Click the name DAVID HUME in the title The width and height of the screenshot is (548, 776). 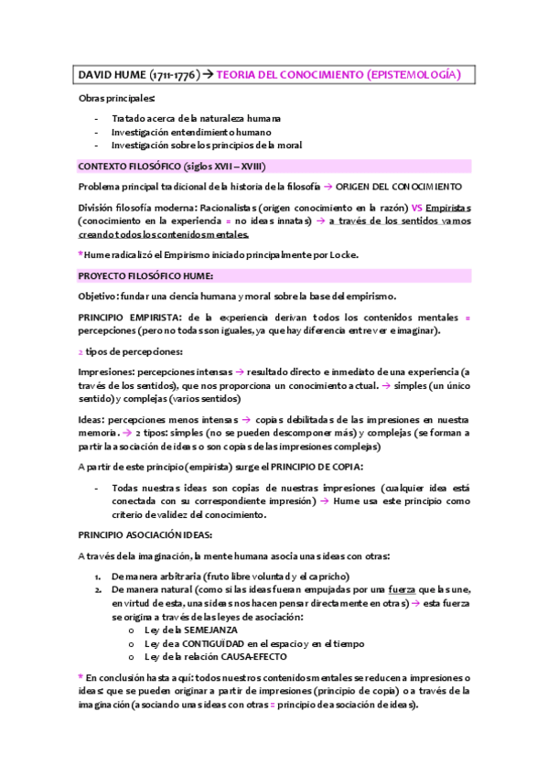pyautogui.click(x=109, y=74)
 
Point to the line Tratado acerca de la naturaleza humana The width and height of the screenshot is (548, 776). pyautogui.click(x=196, y=118)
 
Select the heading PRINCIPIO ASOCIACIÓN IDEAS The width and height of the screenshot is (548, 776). pyautogui.click(x=145, y=534)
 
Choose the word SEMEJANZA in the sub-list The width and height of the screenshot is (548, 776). pyautogui.click(x=212, y=630)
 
